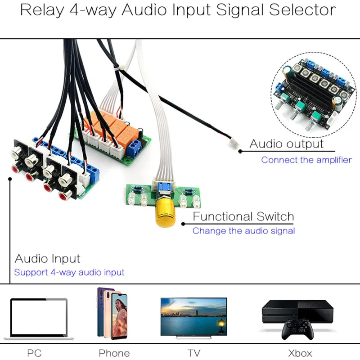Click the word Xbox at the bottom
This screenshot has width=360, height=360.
[x=300, y=353]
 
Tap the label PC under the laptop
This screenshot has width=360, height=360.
[x=34, y=353]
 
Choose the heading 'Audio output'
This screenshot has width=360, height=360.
[x=286, y=144]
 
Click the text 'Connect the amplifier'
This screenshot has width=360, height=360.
[x=306, y=160]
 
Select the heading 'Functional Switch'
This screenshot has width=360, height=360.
[x=243, y=216]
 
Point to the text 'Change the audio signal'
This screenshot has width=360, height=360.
[x=243, y=231]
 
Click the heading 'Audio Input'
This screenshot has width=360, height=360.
[x=47, y=259]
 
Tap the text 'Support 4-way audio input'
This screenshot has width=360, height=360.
[x=69, y=272]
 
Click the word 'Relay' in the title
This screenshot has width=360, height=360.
[x=41, y=10]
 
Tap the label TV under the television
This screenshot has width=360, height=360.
[x=193, y=353]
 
